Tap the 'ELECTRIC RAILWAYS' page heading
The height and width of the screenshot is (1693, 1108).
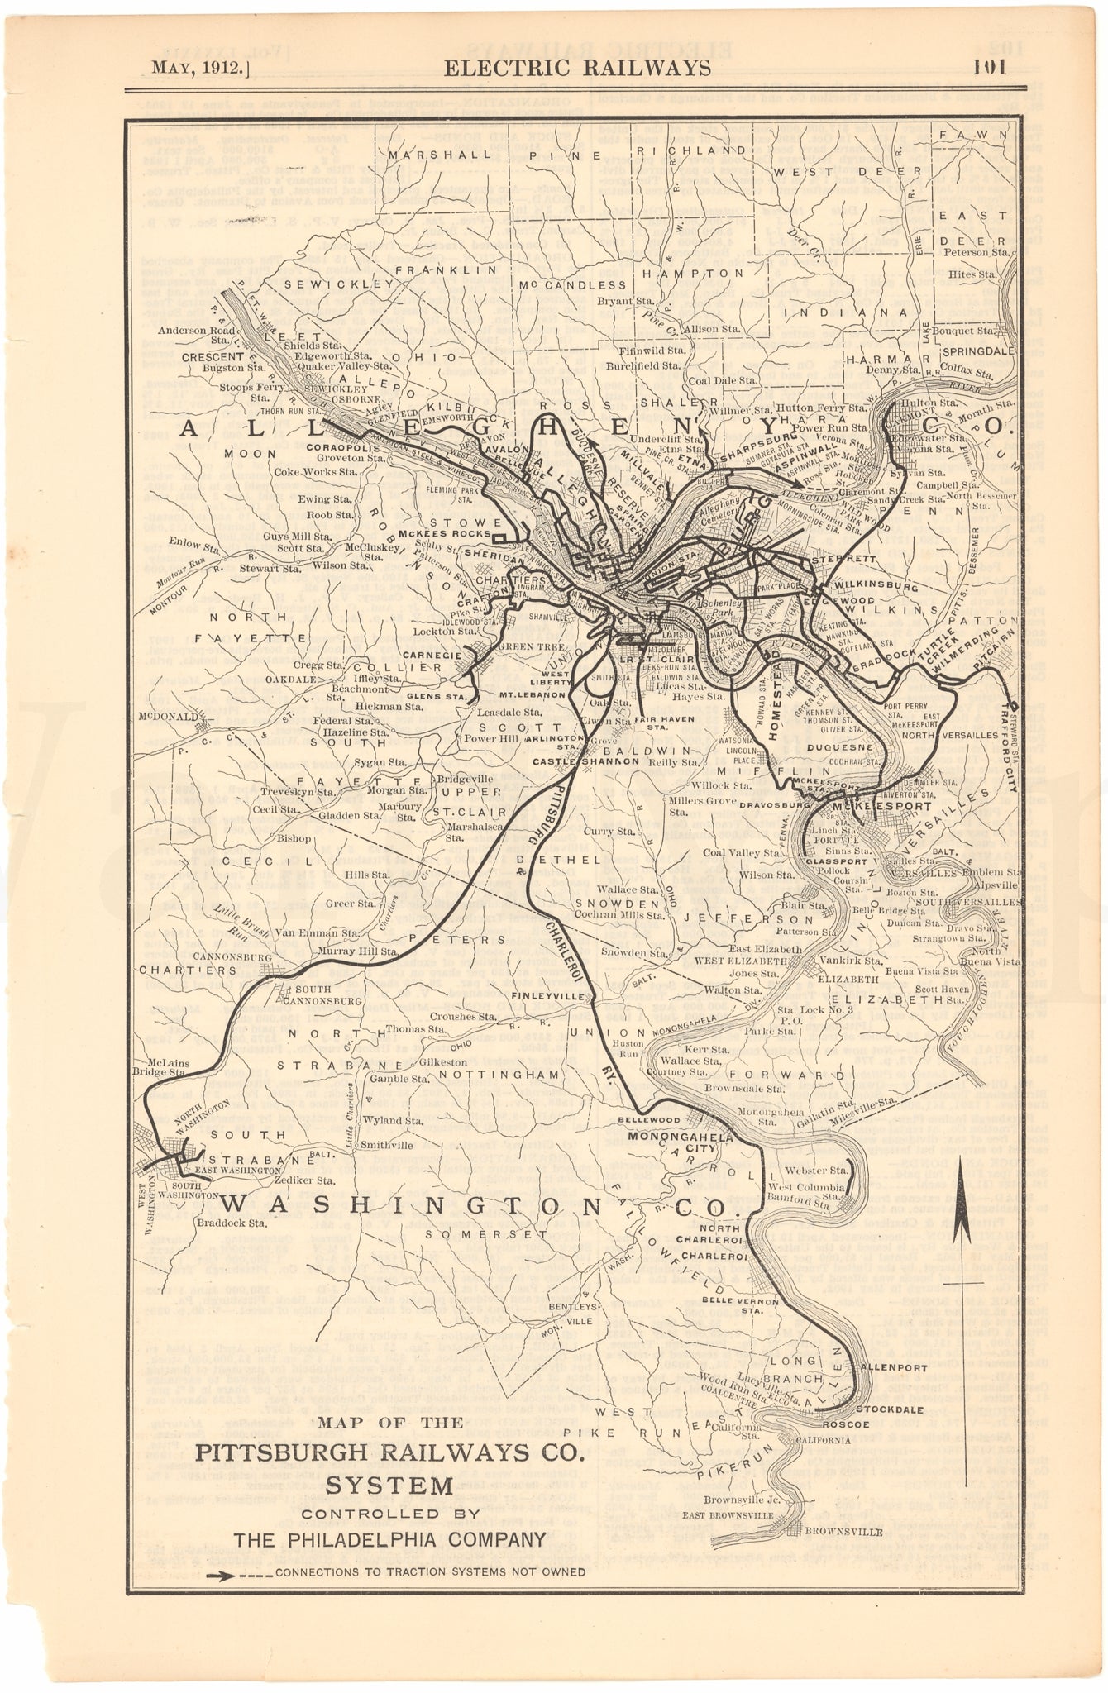(x=575, y=67)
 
